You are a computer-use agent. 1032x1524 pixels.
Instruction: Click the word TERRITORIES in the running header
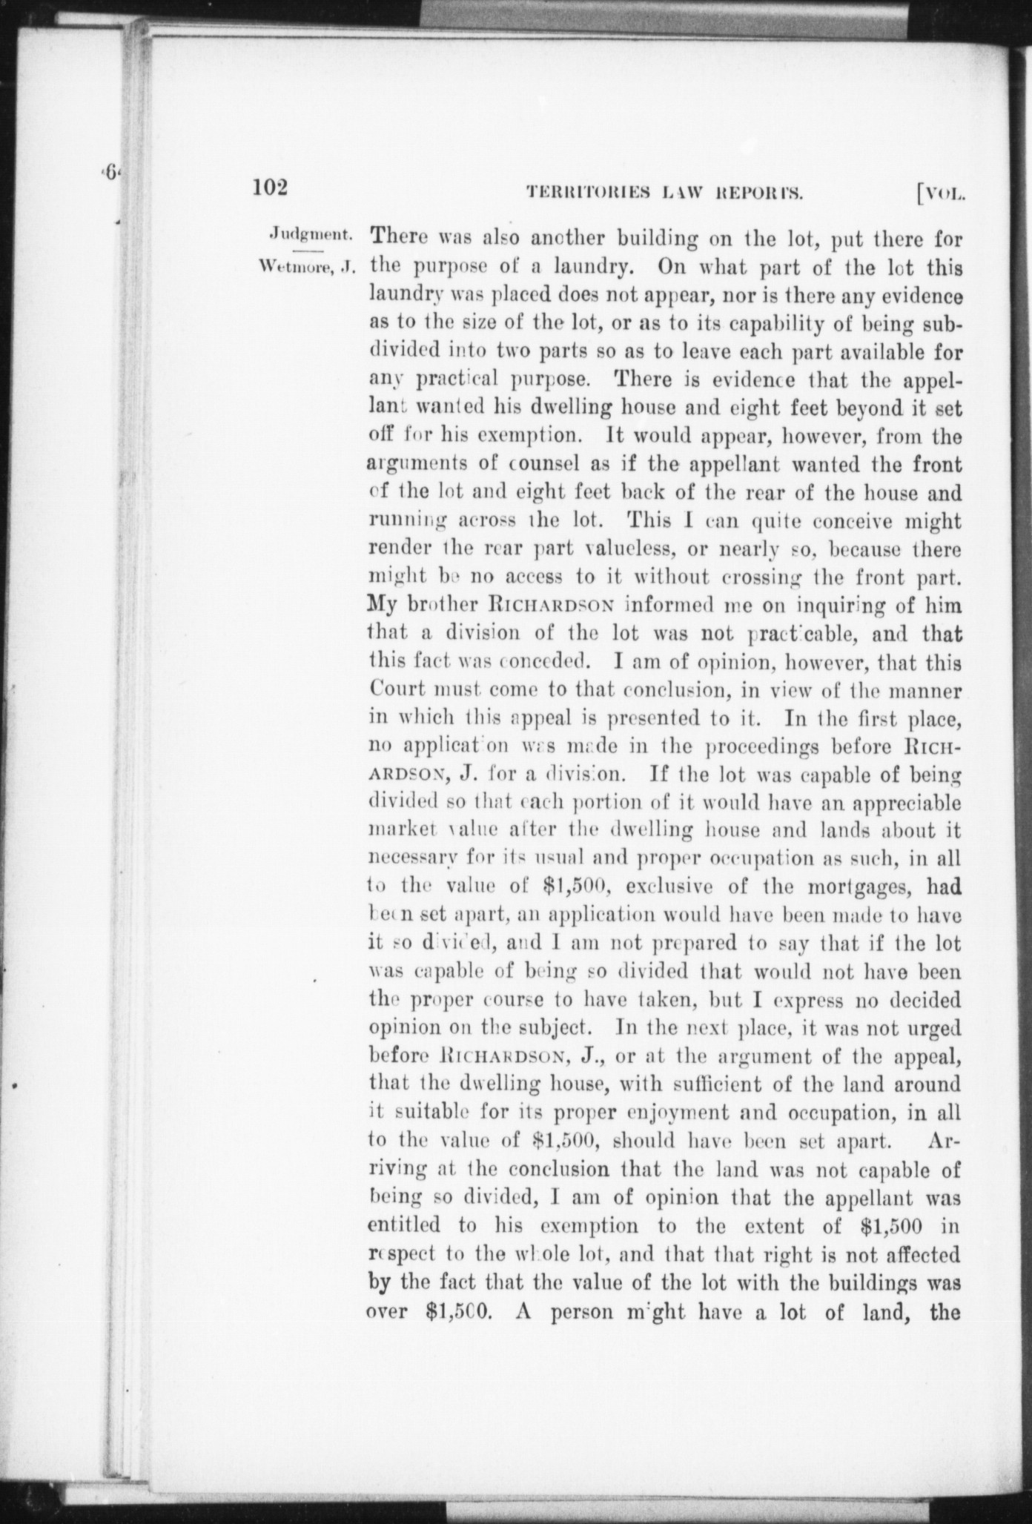tap(587, 193)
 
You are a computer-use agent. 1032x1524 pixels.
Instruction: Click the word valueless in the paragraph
tap(620, 549)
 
